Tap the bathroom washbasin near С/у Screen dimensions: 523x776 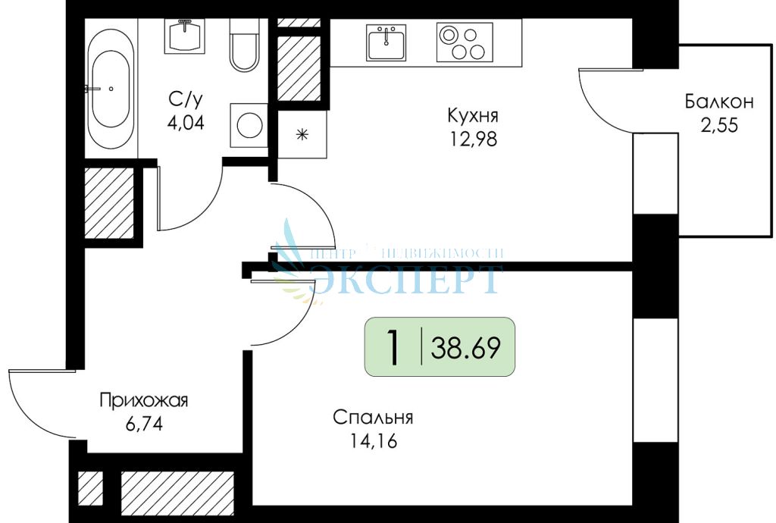pos(183,35)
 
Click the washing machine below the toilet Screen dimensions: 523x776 pos(248,124)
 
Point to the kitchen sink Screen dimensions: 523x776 pos(386,42)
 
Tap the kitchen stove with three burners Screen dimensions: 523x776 pos(465,42)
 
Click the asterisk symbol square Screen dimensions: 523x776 pos(302,135)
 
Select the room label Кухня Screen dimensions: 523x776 pos(472,116)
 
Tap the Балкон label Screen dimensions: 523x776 pos(719,102)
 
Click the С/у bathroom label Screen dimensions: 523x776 pos(186,99)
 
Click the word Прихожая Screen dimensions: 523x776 pos(144,400)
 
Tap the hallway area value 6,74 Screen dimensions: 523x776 pos(144,423)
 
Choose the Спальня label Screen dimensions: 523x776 pos(372,418)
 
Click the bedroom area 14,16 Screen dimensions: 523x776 pos(372,440)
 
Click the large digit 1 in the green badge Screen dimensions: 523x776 pos(393,348)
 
